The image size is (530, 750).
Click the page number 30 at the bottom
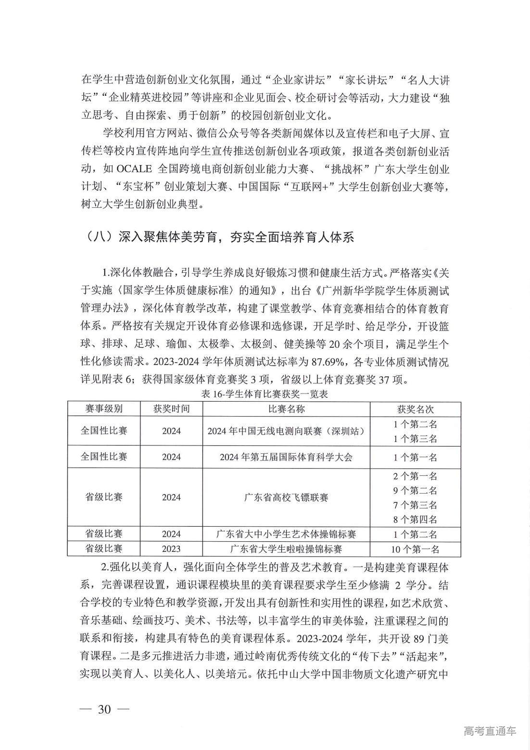(x=104, y=709)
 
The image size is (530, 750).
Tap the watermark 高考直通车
(x=490, y=731)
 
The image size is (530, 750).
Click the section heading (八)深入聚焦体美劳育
(x=218, y=237)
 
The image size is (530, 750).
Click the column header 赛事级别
(x=103, y=409)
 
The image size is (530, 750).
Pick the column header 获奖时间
(x=171, y=409)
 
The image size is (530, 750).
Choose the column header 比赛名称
(x=286, y=409)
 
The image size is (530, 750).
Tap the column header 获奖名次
(x=415, y=409)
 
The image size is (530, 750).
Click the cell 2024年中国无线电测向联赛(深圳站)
(x=286, y=431)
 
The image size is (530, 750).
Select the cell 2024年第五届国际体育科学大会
(x=286, y=457)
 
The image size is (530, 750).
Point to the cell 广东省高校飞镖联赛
(x=286, y=497)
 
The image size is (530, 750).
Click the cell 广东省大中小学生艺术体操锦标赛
(x=286, y=534)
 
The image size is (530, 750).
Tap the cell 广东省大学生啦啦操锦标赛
(x=286, y=548)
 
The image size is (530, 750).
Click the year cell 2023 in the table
(x=171, y=549)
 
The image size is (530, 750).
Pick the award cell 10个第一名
(x=415, y=549)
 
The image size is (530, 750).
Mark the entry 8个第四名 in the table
(x=415, y=520)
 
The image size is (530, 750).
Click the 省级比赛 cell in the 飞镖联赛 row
(x=103, y=497)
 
